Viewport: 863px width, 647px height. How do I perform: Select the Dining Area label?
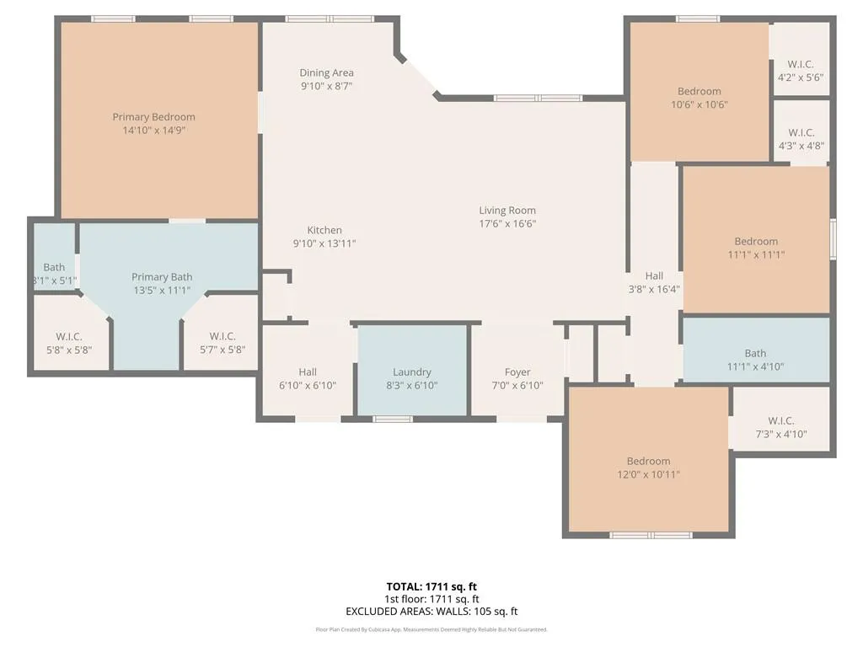(x=326, y=73)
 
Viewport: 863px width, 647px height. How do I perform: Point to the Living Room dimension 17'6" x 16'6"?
(x=507, y=224)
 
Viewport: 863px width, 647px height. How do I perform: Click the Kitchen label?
(x=324, y=230)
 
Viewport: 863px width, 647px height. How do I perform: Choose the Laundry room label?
(x=412, y=372)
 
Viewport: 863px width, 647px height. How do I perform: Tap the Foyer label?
(x=517, y=372)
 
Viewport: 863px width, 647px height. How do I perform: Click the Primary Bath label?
(x=162, y=277)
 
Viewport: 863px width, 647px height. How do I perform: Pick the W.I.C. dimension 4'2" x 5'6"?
(x=801, y=78)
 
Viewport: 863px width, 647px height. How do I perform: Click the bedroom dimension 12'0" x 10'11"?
(x=648, y=474)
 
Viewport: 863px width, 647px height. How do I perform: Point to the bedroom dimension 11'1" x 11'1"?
(x=756, y=254)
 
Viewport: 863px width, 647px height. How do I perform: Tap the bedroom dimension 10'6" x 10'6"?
(x=700, y=104)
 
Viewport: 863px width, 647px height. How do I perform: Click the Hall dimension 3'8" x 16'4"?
(x=654, y=289)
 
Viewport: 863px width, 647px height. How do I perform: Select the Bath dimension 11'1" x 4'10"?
(x=756, y=366)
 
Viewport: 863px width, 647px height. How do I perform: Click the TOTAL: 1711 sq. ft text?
(x=431, y=586)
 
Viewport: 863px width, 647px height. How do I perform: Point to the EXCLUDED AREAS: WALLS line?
(x=431, y=612)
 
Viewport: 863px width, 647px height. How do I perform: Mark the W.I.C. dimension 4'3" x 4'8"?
(x=801, y=146)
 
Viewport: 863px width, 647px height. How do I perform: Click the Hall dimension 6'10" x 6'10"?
(x=308, y=386)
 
